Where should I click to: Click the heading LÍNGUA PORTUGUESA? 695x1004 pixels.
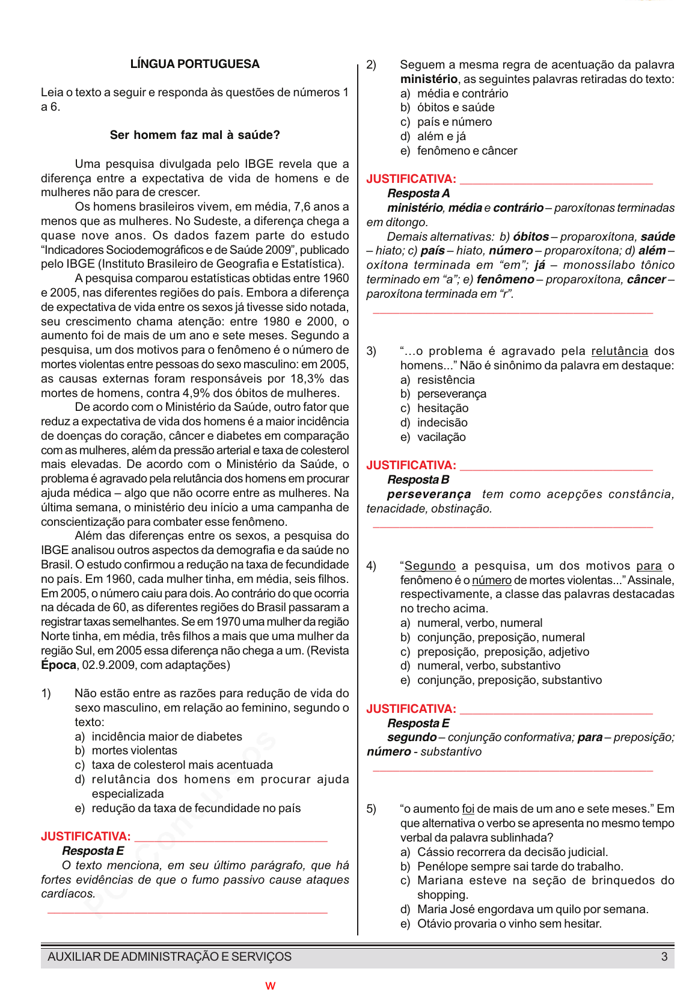tap(195, 64)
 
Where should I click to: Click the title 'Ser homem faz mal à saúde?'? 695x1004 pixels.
tap(195, 135)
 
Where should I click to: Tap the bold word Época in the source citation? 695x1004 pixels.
tap(58, 665)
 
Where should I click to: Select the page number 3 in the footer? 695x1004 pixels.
tap(664, 957)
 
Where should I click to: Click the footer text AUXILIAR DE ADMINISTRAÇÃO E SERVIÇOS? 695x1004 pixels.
tap(170, 957)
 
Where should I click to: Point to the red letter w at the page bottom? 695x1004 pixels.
tap(270, 986)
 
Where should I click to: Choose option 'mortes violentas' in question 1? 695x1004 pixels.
tap(134, 751)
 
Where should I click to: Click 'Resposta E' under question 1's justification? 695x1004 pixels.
tap(93, 851)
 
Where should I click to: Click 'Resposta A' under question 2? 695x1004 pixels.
tap(418, 194)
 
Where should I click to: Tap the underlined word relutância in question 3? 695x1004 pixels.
tap(619, 351)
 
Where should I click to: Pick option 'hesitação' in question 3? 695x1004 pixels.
tap(442, 408)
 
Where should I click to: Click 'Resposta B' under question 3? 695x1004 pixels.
tap(418, 480)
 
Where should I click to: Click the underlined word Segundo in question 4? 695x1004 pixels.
tap(430, 566)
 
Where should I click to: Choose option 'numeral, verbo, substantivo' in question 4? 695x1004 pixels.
tap(488, 666)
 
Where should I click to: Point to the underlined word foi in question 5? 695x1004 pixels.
tap(468, 809)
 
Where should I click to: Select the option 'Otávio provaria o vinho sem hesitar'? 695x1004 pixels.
tap(509, 924)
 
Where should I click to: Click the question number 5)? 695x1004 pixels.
tap(372, 809)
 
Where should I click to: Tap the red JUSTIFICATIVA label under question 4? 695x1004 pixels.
tap(411, 709)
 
